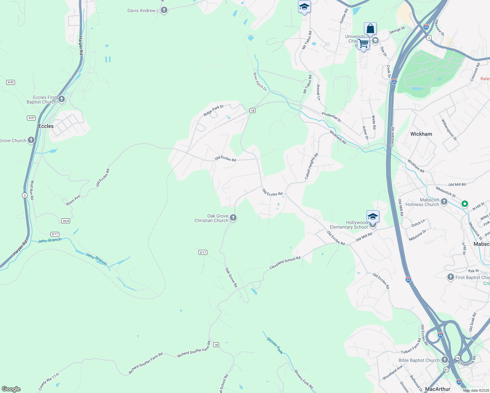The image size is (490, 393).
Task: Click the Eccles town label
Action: coord(46,126)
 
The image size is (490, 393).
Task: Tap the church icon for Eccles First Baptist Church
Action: coord(61,99)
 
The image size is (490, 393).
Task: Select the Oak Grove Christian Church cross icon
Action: coord(233,218)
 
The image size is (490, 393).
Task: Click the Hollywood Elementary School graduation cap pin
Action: coord(373,216)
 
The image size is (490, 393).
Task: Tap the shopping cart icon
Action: coord(363,43)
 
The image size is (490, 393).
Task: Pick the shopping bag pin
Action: coord(370,29)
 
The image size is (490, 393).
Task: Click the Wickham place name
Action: coord(421,134)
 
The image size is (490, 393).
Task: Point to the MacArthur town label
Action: coord(437,389)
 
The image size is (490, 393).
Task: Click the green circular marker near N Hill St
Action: coord(464,204)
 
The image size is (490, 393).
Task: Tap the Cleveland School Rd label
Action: coord(285,263)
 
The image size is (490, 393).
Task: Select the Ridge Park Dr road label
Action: coord(213,110)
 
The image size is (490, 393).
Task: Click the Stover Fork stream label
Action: coord(275,346)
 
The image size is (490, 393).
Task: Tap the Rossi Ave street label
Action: coord(73,200)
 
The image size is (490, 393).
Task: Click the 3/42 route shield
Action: coord(10,82)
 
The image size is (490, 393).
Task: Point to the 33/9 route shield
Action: coord(66,221)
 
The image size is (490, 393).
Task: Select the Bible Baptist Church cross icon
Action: coord(444,360)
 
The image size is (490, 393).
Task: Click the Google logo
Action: coord(11,389)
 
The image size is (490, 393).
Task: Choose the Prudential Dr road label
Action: coord(331,117)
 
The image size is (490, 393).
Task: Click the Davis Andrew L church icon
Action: coord(164,10)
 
